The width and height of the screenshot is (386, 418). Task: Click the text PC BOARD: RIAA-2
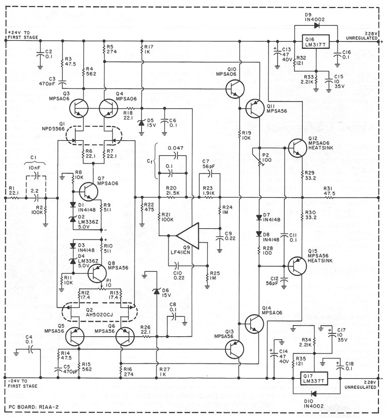pyautogui.click(x=33, y=406)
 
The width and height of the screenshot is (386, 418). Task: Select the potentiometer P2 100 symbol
pyautogui.click(x=260, y=160)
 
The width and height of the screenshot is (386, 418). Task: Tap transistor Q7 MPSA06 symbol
pyautogui.click(x=87, y=191)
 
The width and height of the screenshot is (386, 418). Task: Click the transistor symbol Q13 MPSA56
pyautogui.click(x=233, y=348)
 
